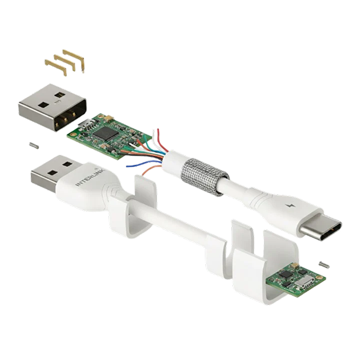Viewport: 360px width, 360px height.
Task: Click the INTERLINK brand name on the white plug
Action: [x=90, y=177]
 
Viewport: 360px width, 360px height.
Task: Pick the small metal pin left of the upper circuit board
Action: [x=33, y=146]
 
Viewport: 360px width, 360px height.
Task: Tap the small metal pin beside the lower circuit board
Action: [x=324, y=265]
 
